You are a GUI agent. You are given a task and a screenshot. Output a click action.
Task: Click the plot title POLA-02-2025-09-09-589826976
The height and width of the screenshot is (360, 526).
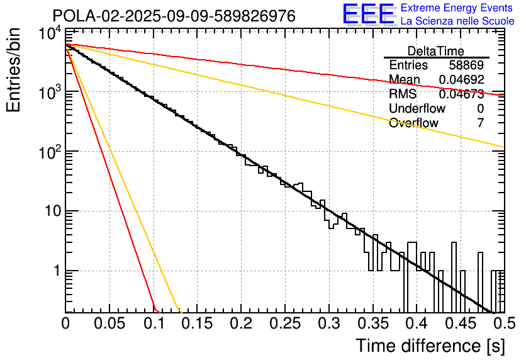click(x=174, y=16)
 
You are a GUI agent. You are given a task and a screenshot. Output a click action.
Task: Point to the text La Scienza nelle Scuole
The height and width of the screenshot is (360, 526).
click(x=457, y=21)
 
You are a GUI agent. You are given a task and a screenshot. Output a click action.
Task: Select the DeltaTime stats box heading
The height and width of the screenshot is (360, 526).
click(x=436, y=51)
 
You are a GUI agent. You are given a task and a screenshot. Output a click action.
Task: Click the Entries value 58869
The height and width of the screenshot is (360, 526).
click(x=466, y=65)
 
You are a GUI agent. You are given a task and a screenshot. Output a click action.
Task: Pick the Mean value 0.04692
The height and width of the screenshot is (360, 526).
click(x=461, y=80)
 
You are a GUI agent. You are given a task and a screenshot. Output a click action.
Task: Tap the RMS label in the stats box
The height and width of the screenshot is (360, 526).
click(x=403, y=94)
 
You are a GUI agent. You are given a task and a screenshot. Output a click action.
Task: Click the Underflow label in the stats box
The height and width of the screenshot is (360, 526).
click(x=417, y=108)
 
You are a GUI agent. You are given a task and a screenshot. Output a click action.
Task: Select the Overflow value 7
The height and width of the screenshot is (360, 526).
click(x=480, y=123)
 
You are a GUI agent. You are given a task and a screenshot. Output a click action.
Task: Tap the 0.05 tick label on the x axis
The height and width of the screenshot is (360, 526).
click(x=109, y=324)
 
